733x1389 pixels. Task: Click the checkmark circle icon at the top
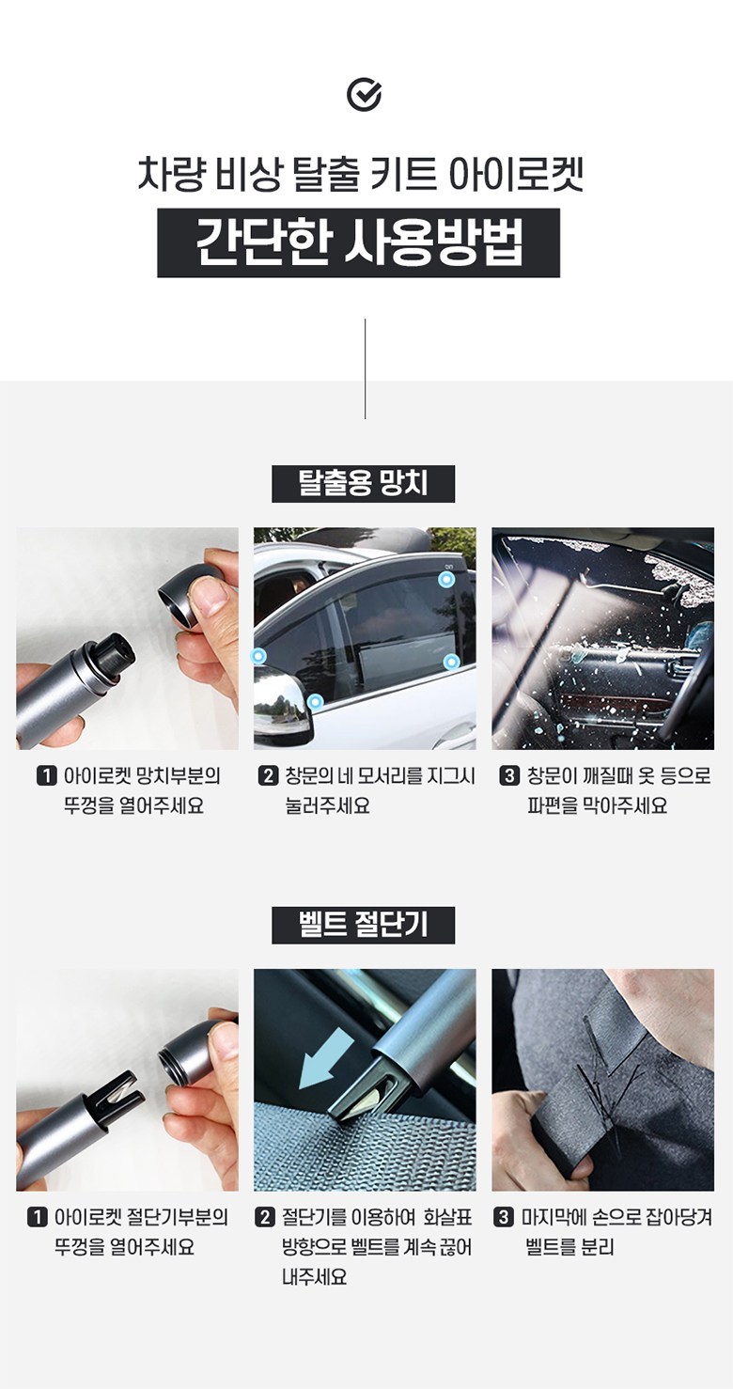pos(364,95)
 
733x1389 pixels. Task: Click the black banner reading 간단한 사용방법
pos(358,242)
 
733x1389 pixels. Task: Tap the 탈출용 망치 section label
pos(364,484)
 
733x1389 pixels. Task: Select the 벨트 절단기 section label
pos(364,925)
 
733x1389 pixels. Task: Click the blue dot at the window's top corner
pos(446,580)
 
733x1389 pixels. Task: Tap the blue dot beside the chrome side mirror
pos(316,702)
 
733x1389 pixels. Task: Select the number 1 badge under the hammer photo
pos(46,776)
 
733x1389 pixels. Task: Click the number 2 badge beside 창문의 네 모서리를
pos(267,776)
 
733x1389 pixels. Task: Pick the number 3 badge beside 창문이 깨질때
pos(509,776)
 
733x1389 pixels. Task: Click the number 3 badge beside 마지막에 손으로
pos(504,1218)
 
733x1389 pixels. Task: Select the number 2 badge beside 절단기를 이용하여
pos(265,1218)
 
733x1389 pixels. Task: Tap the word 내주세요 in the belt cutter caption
pos(314,1277)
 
